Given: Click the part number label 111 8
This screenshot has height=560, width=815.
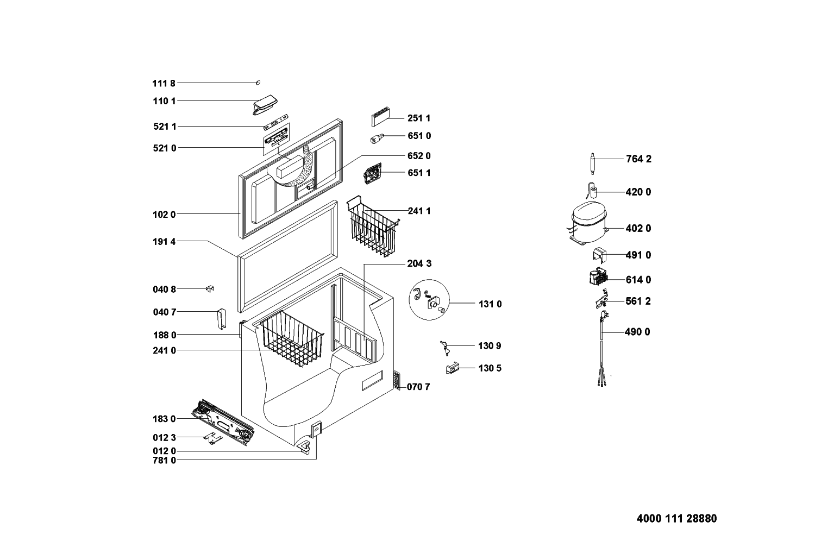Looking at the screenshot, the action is pyautogui.click(x=164, y=83).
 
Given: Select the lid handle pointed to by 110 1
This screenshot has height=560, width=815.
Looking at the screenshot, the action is pyautogui.click(x=265, y=105).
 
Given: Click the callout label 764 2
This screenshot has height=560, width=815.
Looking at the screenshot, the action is pyautogui.click(x=638, y=159).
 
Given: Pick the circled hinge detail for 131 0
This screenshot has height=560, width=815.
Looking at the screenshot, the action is pyautogui.click(x=429, y=300).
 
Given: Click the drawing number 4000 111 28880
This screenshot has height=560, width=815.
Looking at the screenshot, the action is pyautogui.click(x=677, y=519).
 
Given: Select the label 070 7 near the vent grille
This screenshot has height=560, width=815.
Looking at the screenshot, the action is pyautogui.click(x=418, y=387).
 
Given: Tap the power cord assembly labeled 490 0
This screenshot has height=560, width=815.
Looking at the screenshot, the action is pyautogui.click(x=602, y=349).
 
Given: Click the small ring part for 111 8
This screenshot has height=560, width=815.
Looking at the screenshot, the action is pyautogui.click(x=258, y=83).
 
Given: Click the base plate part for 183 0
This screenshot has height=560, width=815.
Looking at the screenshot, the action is pyautogui.click(x=223, y=423).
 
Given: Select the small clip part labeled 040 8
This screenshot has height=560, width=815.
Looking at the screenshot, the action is pyautogui.click(x=210, y=288).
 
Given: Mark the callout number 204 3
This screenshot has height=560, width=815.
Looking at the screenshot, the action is pyautogui.click(x=419, y=263).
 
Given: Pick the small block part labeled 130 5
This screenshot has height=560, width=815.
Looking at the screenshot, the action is pyautogui.click(x=452, y=368).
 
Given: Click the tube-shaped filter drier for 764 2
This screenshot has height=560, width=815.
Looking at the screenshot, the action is pyautogui.click(x=592, y=164).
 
